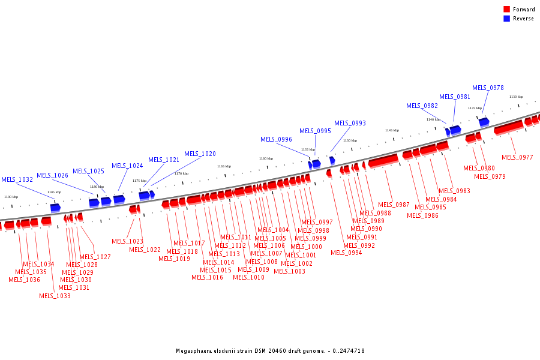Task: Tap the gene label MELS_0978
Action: (x=488, y=88)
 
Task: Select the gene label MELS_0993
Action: (x=350, y=123)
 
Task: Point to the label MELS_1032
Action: (x=17, y=179)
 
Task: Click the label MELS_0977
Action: (x=517, y=157)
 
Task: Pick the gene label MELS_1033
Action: (x=55, y=295)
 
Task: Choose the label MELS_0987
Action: (x=394, y=205)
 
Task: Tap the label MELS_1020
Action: (x=200, y=154)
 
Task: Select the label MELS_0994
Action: (x=346, y=253)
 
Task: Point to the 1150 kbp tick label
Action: (x=350, y=140)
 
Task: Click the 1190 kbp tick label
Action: (x=11, y=197)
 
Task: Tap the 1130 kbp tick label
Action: (x=516, y=97)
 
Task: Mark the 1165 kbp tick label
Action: (x=224, y=166)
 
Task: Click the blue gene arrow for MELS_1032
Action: (x=55, y=208)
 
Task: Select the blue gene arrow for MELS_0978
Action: (x=484, y=122)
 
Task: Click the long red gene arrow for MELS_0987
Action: (x=383, y=161)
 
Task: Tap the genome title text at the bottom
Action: (x=270, y=350)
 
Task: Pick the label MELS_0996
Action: (x=276, y=139)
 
